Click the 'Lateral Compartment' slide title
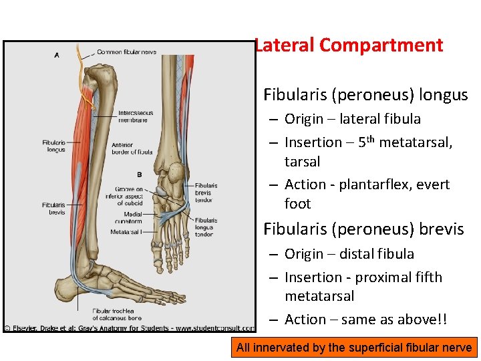pyautogui.click(x=348, y=45)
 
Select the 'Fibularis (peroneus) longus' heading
pyautogui.click(x=365, y=95)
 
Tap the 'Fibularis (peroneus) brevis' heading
pyautogui.click(x=363, y=229)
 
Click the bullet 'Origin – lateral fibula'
pyautogui.click(x=352, y=119)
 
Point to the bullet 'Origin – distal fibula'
pyautogui.click(x=349, y=254)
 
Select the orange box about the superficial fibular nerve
pyautogui.click(x=353, y=347)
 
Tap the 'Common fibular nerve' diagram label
pyautogui.click(x=126, y=52)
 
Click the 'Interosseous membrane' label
pyautogui.click(x=136, y=116)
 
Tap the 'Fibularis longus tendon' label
pyautogui.click(x=206, y=227)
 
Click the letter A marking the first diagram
pyautogui.click(x=56, y=55)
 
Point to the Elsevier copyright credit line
pyautogui.click(x=129, y=328)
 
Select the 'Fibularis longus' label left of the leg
pyautogui.click(x=53, y=146)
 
